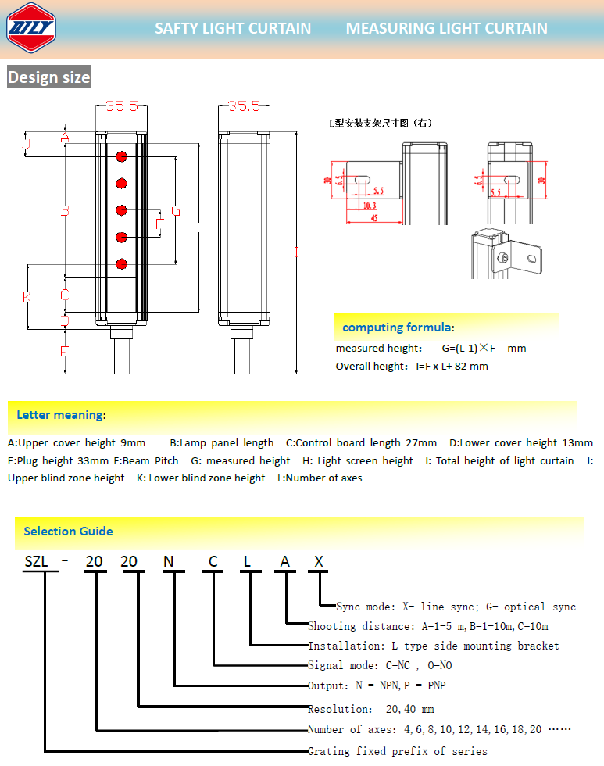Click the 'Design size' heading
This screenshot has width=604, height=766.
click(49, 77)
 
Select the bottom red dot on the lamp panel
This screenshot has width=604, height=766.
click(121, 264)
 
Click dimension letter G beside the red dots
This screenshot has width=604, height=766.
click(176, 211)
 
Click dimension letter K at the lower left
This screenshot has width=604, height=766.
click(27, 297)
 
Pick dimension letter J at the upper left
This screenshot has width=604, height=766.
click(25, 144)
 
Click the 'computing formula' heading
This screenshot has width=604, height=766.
click(397, 327)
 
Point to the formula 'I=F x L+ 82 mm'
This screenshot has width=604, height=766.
click(452, 366)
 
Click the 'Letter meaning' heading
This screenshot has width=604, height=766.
click(60, 414)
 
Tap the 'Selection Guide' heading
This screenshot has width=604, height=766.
click(68, 532)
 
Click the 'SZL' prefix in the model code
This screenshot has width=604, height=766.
click(37, 561)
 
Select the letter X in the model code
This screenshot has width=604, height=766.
click(318, 561)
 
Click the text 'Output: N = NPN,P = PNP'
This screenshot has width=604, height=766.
click(377, 685)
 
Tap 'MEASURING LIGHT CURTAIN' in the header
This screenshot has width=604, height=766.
click(446, 29)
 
